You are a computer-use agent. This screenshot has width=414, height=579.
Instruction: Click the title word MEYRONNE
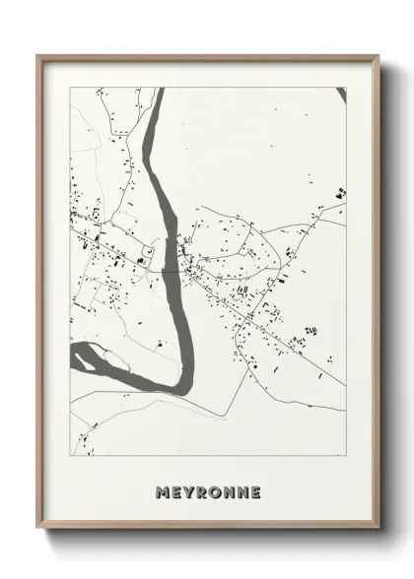click(x=207, y=490)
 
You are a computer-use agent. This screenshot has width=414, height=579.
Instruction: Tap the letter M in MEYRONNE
click(x=163, y=490)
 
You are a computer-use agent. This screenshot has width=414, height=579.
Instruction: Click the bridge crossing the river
click(x=172, y=268)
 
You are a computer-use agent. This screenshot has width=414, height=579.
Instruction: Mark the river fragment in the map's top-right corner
click(x=341, y=95)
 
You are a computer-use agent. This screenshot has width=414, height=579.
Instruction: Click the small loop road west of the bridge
click(x=149, y=254)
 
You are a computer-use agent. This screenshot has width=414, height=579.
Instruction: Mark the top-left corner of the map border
click(x=71, y=89)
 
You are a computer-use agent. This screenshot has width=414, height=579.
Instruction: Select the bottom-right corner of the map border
click(x=346, y=456)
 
